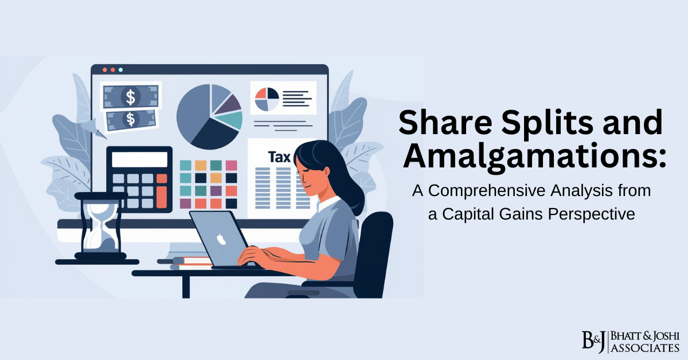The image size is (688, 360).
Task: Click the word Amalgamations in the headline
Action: (533, 154)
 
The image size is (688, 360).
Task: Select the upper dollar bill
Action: (131, 97)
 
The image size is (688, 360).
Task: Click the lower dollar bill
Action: (131, 119)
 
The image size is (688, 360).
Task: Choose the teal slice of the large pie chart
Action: (232, 120)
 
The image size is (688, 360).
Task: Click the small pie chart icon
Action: (267, 99)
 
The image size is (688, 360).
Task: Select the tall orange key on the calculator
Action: (162, 193)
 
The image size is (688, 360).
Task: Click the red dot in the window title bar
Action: (104, 69)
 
